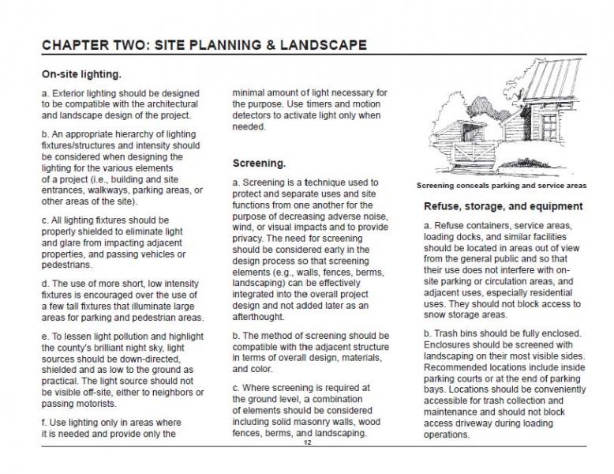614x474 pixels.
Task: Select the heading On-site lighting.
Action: [x=81, y=75]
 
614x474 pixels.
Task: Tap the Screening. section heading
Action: [x=259, y=164]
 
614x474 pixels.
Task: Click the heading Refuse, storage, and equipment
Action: [x=503, y=206]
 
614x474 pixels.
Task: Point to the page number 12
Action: [x=307, y=444]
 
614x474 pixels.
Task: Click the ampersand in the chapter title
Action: [x=278, y=45]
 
